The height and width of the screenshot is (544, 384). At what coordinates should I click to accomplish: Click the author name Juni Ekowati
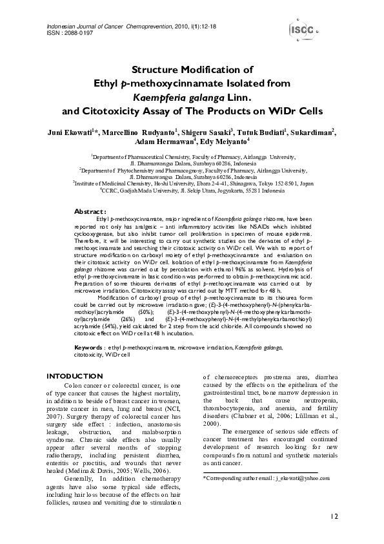click(70, 132)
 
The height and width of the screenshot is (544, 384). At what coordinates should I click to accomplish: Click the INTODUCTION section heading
click(76, 376)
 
